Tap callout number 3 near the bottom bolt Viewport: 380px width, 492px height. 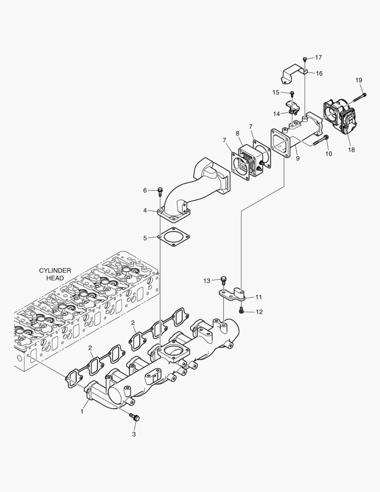[134, 434]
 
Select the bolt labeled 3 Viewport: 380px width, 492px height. [135, 416]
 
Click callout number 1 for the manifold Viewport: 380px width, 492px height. [82, 411]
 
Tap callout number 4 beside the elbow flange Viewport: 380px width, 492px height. [145, 210]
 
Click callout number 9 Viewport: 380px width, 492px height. [297, 159]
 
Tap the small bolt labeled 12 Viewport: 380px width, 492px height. [241, 311]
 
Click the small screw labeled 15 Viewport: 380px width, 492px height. [292, 94]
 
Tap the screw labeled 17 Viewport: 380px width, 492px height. [304, 59]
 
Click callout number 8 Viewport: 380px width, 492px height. [238, 133]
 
